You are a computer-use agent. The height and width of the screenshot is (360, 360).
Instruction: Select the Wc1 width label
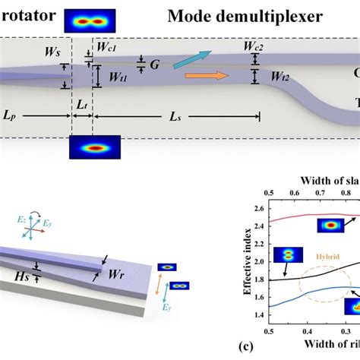point(106,48)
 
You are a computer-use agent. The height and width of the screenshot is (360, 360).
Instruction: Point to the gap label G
point(154,65)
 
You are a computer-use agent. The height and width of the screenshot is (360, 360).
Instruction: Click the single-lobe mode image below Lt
point(88,147)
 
